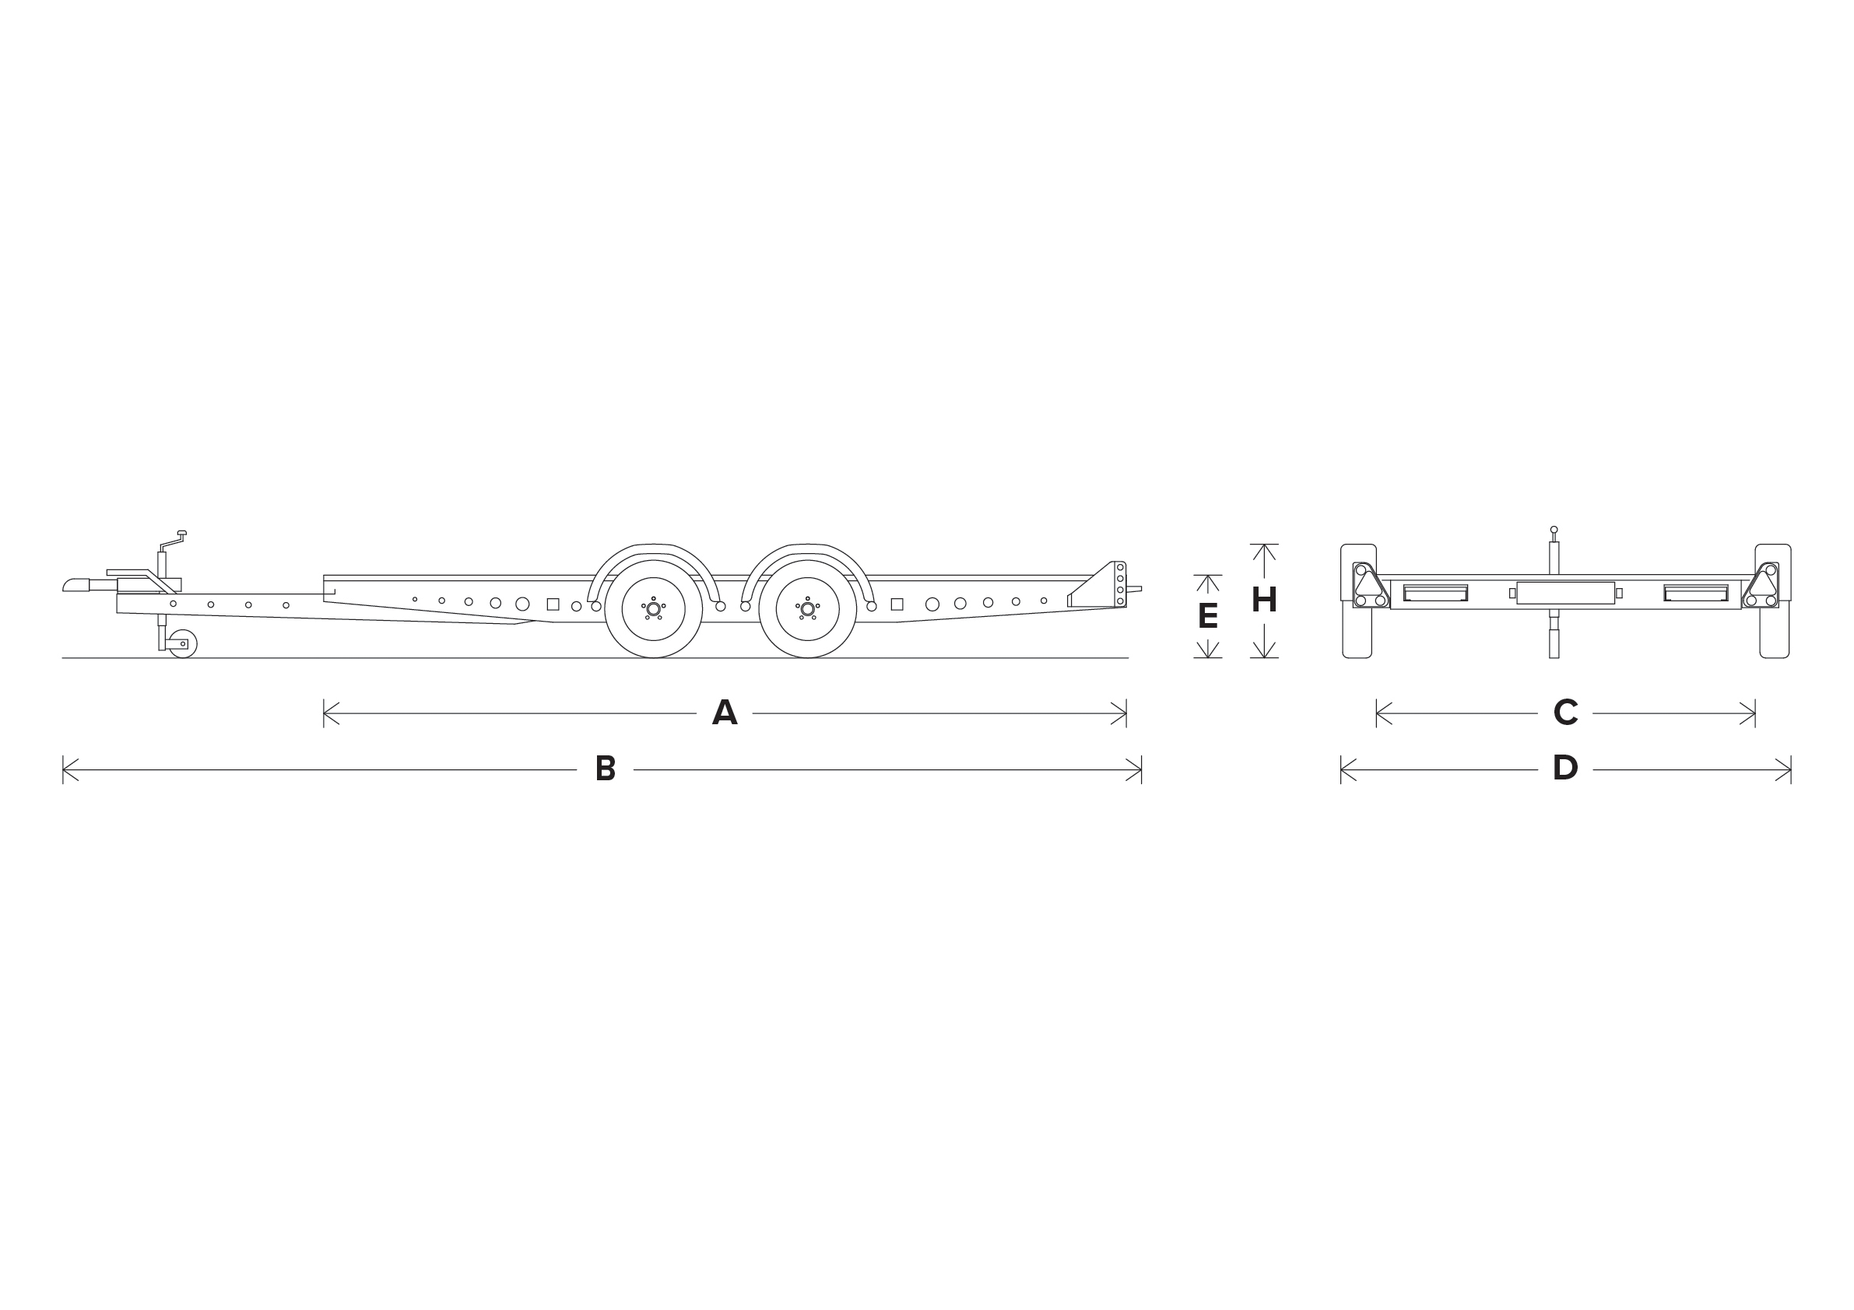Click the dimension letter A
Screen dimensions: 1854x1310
725,713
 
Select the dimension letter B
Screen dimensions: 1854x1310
605,769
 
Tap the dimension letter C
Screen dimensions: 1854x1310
1565,713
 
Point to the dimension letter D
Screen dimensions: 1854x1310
1565,769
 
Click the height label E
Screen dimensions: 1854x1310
1207,617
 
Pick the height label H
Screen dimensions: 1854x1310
1264,600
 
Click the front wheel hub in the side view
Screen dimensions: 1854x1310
653,608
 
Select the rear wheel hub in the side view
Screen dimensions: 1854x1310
807,608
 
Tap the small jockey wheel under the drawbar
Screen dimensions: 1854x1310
184,644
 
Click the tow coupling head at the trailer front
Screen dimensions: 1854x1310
76,585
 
